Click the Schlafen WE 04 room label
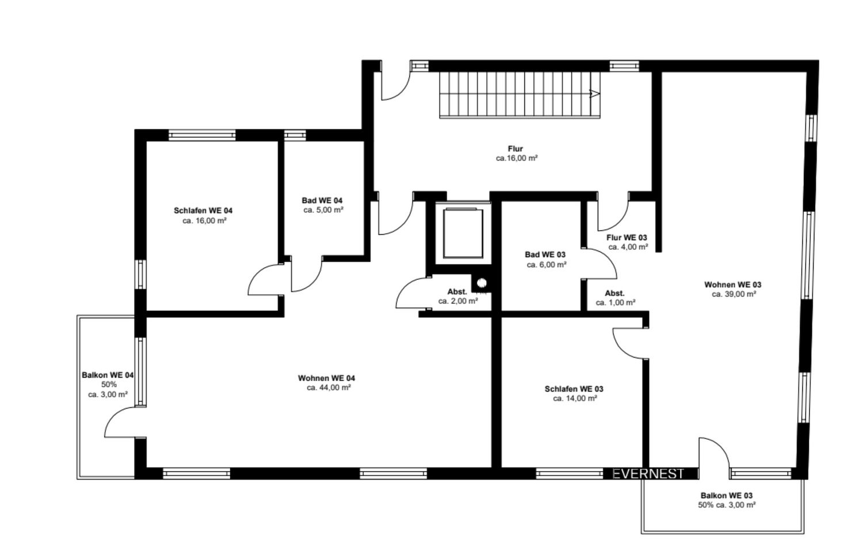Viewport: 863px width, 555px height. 203,211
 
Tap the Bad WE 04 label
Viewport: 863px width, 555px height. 322,200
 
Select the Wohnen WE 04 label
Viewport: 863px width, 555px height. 326,378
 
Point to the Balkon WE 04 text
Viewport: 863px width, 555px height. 108,375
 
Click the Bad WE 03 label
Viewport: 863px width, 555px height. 545,255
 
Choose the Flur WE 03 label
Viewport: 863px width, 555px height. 627,237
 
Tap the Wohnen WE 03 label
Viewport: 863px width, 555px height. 733,285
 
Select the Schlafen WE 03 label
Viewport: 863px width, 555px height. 574,389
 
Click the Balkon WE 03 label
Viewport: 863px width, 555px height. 726,496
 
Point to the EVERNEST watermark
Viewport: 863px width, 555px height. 648,474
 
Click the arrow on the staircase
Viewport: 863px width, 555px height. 595,94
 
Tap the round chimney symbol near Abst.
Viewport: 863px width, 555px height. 482,283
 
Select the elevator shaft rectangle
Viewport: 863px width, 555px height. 463,233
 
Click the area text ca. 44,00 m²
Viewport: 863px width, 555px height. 329,387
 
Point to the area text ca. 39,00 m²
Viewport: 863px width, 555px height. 734,294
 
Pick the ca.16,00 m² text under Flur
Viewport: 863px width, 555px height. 517,158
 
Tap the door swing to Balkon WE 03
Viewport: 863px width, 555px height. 720,446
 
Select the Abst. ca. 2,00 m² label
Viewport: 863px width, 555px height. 458,296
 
